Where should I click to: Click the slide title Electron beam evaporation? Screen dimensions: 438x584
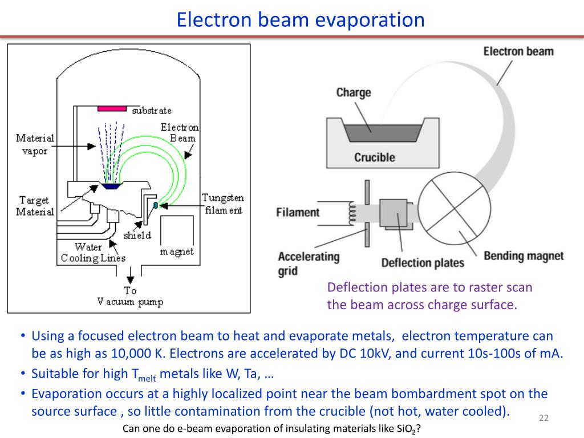[x=301, y=20]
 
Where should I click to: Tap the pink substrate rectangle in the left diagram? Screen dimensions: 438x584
[x=112, y=109]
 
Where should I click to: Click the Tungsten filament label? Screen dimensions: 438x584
[x=223, y=204]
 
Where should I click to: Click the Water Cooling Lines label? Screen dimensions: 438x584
[x=93, y=253]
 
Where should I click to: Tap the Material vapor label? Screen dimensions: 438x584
[x=35, y=144]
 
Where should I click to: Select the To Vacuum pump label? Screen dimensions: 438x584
[x=131, y=296]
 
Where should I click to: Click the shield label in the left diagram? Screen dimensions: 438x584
[x=137, y=235]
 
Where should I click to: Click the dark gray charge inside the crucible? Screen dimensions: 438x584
[x=374, y=132]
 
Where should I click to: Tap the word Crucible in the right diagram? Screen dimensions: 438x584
[x=374, y=157]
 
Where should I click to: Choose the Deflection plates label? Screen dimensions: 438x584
[x=423, y=263]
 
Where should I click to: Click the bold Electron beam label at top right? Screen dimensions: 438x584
[x=518, y=51]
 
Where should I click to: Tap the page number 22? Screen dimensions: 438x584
[x=544, y=419]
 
